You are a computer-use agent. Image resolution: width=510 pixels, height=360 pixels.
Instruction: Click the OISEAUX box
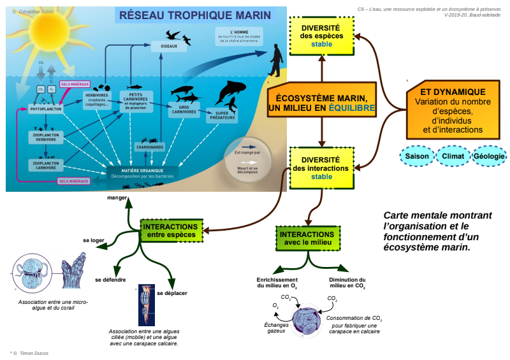point(170,46)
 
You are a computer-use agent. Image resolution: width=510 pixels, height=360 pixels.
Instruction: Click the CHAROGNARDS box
point(150,147)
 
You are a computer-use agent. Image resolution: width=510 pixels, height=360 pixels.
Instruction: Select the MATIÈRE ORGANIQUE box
point(143,173)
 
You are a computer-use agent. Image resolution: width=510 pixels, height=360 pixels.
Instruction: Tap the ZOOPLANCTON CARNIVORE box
point(45,165)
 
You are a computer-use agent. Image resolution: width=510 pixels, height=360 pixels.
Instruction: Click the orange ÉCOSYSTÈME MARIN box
point(322,103)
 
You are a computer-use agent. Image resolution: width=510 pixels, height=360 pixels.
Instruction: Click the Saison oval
point(417,156)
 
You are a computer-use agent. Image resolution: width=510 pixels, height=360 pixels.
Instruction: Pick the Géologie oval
point(490,156)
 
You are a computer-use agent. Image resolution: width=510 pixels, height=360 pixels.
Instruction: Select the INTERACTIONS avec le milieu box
point(306,238)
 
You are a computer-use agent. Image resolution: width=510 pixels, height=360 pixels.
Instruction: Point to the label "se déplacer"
point(172,292)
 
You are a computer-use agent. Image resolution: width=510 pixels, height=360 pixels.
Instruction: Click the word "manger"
point(117,198)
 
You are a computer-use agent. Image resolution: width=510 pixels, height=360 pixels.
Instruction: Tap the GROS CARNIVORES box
point(184,110)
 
